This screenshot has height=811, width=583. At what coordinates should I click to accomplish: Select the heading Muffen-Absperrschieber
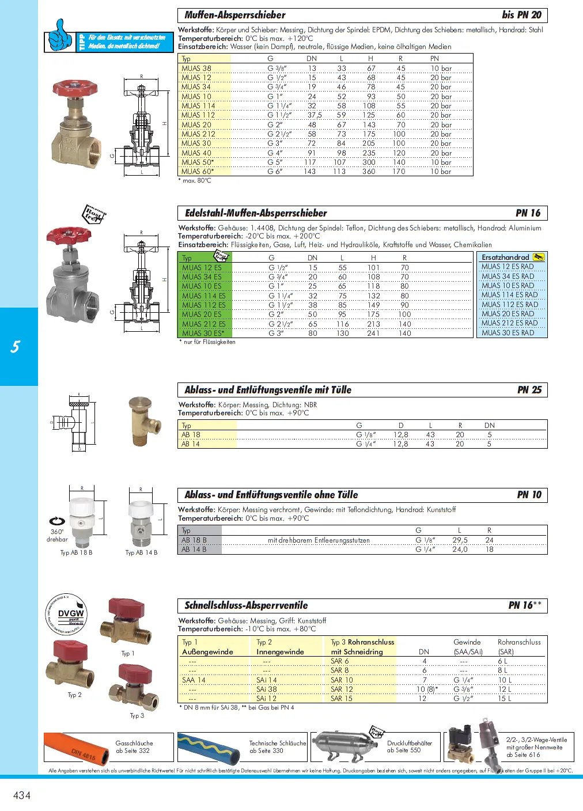click(x=234, y=15)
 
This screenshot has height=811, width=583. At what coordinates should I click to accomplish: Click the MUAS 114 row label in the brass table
click(x=198, y=106)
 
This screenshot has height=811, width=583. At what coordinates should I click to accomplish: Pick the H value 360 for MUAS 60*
click(x=369, y=172)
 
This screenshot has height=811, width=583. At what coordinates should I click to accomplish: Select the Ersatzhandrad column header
click(x=505, y=257)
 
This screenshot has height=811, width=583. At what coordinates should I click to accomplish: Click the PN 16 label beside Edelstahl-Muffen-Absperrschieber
click(x=528, y=213)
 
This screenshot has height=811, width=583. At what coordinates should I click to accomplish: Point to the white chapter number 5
click(x=16, y=347)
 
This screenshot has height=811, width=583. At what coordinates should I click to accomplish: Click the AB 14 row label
click(x=191, y=444)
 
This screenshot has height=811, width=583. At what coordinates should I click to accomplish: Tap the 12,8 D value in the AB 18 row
click(x=400, y=435)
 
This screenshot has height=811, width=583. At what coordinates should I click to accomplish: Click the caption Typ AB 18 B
click(x=76, y=552)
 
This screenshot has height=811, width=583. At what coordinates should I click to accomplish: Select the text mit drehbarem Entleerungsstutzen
click(x=319, y=540)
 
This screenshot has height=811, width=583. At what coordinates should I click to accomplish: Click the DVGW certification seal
click(x=66, y=615)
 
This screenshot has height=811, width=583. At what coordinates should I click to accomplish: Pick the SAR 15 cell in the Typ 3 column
click(x=342, y=699)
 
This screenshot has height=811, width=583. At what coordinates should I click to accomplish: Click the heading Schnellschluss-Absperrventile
click(x=246, y=605)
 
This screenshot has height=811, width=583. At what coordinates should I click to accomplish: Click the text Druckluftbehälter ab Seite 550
click(x=409, y=746)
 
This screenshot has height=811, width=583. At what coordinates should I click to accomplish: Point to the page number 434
click(x=22, y=795)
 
